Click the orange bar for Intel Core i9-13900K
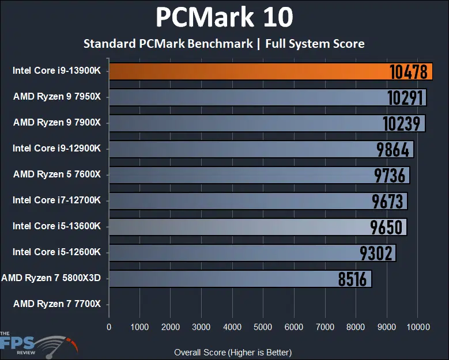[242, 71]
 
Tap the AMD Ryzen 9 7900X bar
[242, 123]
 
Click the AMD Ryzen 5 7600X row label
[57, 174]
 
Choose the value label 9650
[387, 227]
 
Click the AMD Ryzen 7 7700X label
[57, 304]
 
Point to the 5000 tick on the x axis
[263, 327]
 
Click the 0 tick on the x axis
[109, 327]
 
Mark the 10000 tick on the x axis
[417, 327]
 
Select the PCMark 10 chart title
[224, 17]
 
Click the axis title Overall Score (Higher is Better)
[232, 352]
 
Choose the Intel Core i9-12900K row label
[57, 148]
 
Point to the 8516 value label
[353, 279]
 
